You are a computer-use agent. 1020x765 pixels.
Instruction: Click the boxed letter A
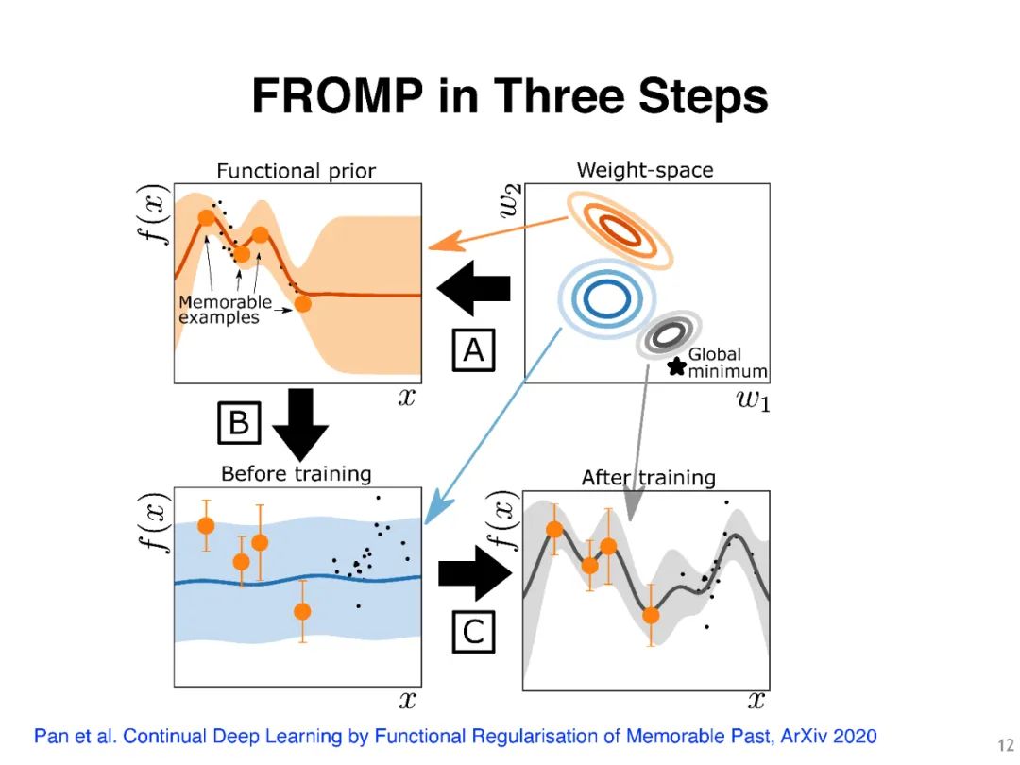474,350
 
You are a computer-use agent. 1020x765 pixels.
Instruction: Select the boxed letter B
239,424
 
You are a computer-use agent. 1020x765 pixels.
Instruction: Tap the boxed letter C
474,632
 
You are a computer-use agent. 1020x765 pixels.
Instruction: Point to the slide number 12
1005,745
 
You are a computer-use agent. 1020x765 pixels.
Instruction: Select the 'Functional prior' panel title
296,171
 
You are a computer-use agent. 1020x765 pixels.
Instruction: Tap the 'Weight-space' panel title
645,170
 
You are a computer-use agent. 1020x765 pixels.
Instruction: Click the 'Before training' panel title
296,473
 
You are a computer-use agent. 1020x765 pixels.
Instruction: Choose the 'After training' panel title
648,478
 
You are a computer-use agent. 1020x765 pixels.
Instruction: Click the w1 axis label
753,401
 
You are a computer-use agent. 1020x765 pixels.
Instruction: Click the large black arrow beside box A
474,290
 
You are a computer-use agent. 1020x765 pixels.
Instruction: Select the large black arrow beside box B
299,424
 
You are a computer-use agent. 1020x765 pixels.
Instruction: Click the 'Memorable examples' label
224,311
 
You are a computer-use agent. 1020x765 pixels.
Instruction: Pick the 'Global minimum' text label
726,363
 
